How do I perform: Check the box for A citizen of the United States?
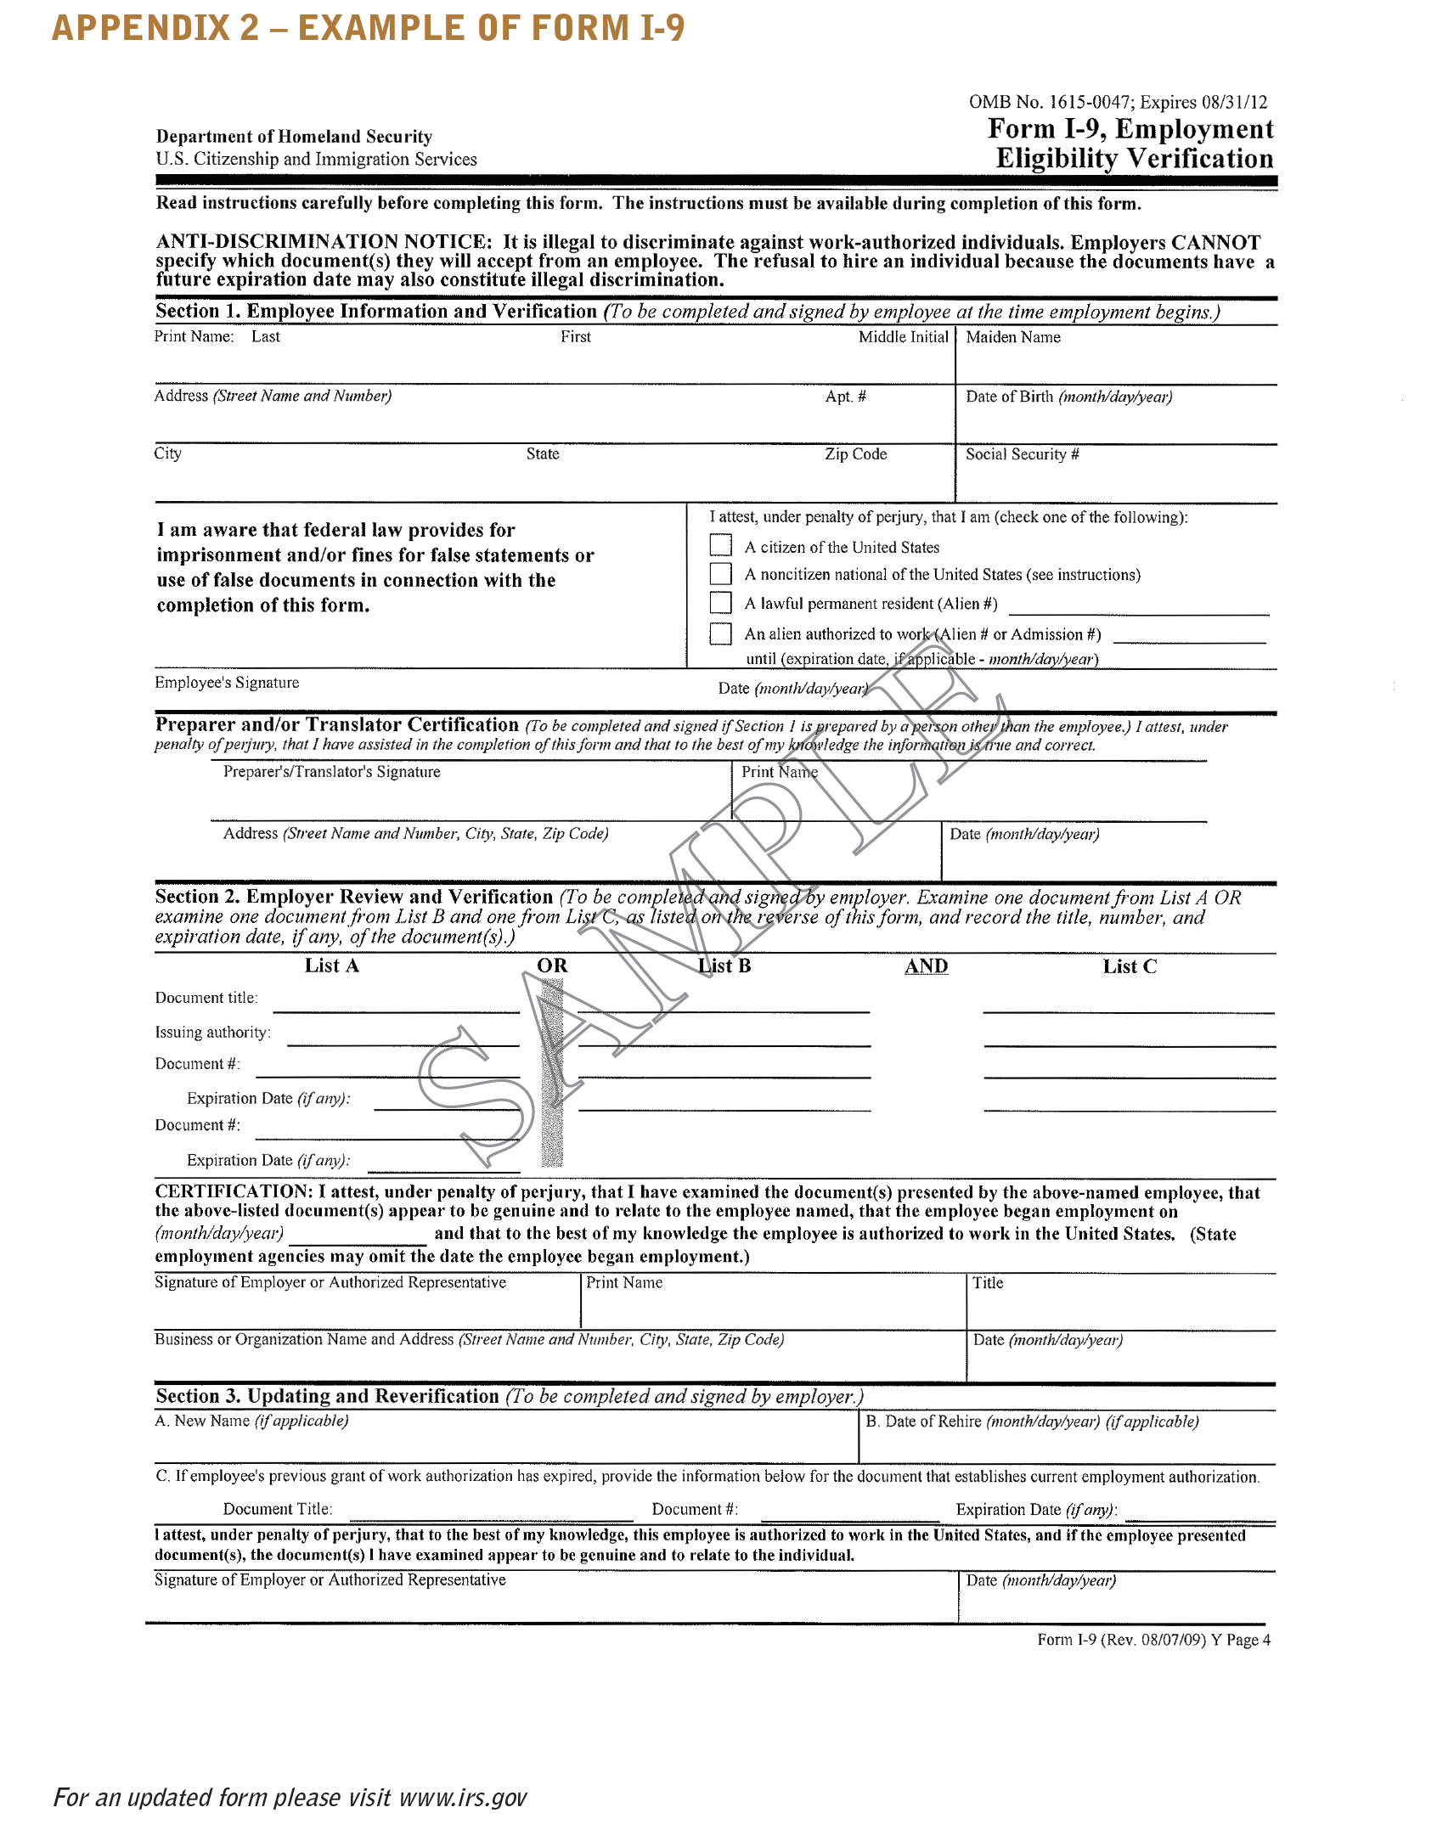point(720,545)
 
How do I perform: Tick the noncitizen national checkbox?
point(720,574)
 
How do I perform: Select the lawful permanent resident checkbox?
point(720,603)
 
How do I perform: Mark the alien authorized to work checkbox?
point(720,633)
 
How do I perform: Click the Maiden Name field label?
point(1013,337)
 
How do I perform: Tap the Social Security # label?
point(1022,454)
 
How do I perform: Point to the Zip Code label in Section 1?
point(855,454)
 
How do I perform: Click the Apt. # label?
point(845,397)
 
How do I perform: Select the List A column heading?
point(331,965)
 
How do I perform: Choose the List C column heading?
point(1129,966)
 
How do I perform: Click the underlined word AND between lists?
point(926,966)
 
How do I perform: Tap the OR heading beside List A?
point(552,965)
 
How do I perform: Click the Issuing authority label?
point(212,1033)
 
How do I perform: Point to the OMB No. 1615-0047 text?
point(1118,103)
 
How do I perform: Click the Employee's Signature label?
point(227,683)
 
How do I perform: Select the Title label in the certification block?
point(988,1283)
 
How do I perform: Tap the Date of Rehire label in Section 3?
point(1032,1421)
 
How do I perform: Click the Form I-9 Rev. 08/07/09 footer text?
point(1153,1640)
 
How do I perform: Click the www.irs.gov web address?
point(463,1798)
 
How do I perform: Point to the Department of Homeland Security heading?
point(294,137)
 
